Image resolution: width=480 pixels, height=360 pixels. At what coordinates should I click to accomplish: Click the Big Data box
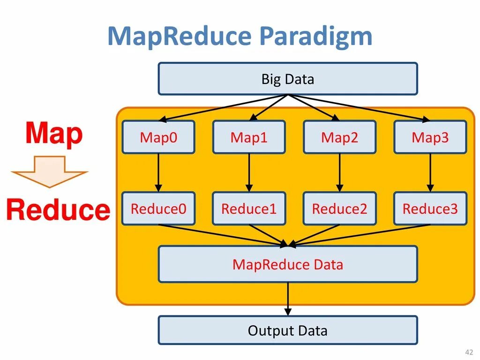[x=287, y=79]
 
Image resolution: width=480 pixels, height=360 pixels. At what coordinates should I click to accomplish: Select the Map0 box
[x=158, y=137]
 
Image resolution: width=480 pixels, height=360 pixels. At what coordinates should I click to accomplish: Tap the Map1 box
[x=249, y=137]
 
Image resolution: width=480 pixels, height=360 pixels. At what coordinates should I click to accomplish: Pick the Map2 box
[x=339, y=137]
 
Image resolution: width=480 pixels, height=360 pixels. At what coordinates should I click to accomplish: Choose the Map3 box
[x=430, y=137]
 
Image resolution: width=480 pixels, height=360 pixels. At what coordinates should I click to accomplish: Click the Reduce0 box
[x=158, y=209]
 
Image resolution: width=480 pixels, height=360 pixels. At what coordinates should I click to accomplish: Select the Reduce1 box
[x=249, y=209]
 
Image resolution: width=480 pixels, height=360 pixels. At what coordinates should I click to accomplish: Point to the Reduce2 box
[x=339, y=209]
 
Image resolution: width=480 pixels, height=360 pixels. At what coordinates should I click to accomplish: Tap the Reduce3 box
[x=430, y=209]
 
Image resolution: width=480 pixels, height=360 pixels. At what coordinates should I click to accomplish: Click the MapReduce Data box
[x=287, y=264]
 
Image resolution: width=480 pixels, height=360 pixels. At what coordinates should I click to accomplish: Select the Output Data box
[x=287, y=330]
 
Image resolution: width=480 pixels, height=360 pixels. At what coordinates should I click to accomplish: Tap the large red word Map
[x=54, y=134]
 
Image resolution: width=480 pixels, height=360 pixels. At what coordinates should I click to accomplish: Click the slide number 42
[x=468, y=352]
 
